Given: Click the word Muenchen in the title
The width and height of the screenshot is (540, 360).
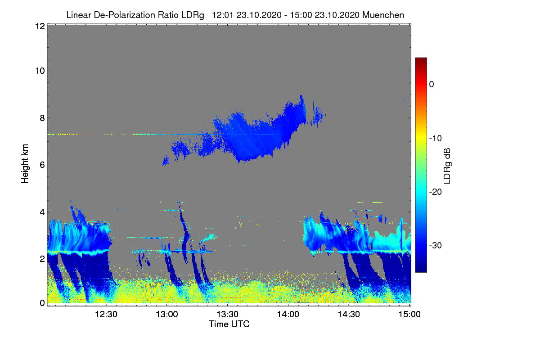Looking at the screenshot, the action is tap(383, 15).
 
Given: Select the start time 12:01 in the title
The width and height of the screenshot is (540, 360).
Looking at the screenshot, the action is tap(223, 15).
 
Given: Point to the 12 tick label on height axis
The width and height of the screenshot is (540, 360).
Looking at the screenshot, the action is tap(40, 26).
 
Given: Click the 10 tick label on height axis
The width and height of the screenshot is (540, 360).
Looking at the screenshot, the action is tap(40, 71).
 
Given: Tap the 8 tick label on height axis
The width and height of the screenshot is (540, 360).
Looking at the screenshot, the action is tap(42, 118).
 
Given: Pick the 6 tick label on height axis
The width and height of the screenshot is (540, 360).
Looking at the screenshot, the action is tap(42, 165).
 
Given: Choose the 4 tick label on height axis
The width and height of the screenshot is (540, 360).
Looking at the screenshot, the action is tap(42, 212).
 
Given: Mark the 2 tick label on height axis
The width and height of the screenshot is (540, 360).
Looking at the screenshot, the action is tap(42, 259).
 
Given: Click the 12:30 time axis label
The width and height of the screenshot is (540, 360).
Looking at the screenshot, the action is tap(106, 314).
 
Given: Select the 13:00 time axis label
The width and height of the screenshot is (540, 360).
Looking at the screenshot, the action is tap(167, 314).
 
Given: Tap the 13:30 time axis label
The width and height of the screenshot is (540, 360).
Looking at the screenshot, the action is tap(227, 314).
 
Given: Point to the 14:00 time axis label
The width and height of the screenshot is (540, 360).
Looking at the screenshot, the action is tap(288, 314).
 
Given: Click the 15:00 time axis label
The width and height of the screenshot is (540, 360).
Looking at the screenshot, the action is tap(409, 314).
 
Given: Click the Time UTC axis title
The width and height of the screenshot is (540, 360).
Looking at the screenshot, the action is tap(229, 324).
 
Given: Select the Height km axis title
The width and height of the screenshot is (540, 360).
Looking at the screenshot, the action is tap(25, 164).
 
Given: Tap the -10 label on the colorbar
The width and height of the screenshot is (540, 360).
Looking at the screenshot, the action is tap(436, 139).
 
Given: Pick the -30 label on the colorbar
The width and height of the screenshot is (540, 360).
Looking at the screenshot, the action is tap(436, 245).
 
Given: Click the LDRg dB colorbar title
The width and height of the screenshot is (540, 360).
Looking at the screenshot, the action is tap(447, 166).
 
